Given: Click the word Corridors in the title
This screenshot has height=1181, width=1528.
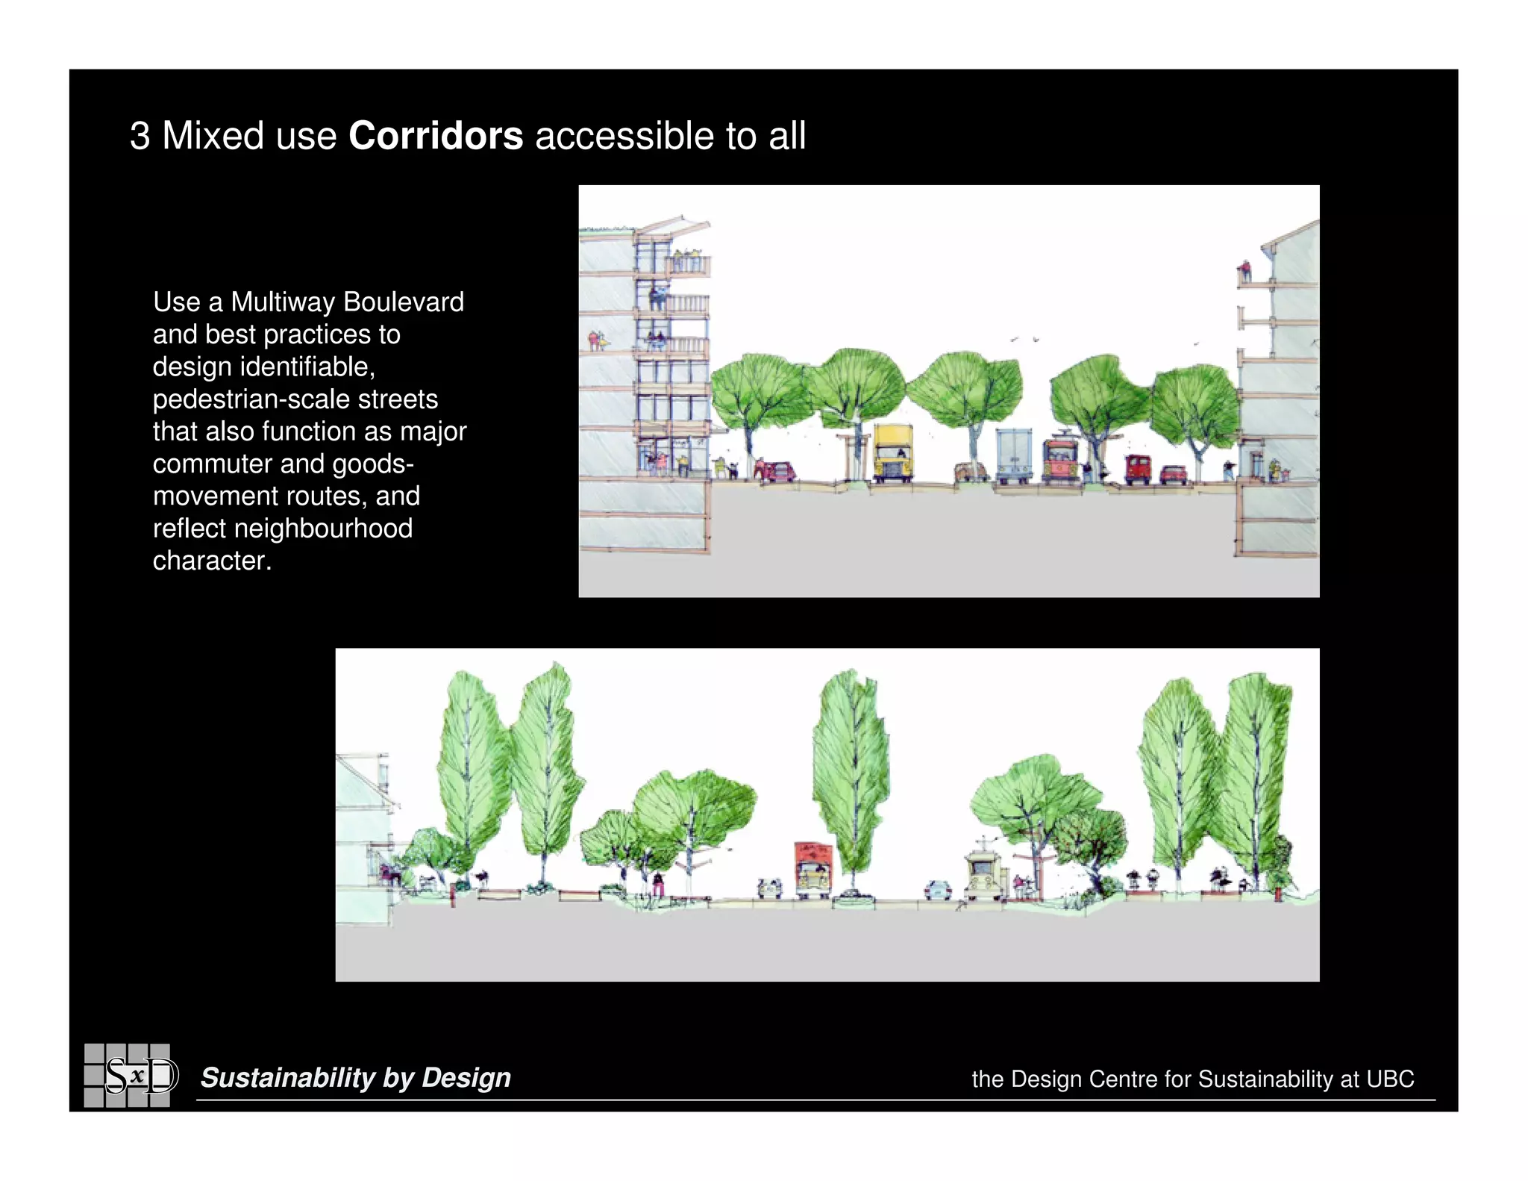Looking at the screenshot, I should pyautogui.click(x=436, y=136).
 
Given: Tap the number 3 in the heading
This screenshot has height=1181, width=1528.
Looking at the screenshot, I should pyautogui.click(x=140, y=136).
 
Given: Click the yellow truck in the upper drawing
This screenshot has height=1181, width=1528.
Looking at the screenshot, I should pyautogui.click(x=893, y=452).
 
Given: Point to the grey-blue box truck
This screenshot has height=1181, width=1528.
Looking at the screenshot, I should pyautogui.click(x=1014, y=455).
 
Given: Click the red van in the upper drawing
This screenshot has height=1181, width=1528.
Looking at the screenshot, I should pyautogui.click(x=1138, y=469).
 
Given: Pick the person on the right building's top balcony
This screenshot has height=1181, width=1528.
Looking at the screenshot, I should pyautogui.click(x=1244, y=271).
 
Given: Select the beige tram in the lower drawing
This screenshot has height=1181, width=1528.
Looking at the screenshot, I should pyautogui.click(x=984, y=875).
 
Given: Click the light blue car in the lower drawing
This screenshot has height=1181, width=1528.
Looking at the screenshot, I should pyautogui.click(x=937, y=889).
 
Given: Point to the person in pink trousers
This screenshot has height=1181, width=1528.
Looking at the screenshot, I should pyautogui.click(x=658, y=885).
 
